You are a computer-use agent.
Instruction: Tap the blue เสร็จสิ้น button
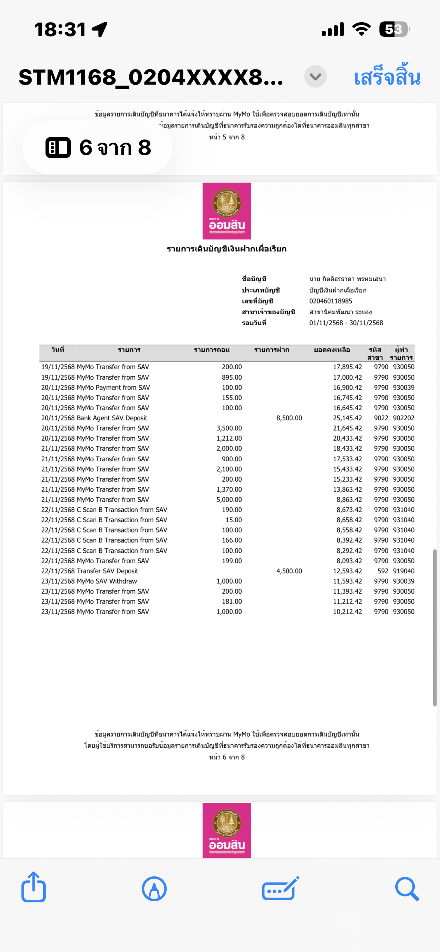387,77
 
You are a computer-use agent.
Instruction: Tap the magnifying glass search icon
407,889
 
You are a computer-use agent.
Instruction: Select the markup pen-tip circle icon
154,889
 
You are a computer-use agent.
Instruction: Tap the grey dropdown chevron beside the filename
315,77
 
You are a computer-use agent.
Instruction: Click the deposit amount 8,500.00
289,418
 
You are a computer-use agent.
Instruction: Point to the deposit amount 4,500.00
289,571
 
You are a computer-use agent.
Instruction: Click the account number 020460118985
331,301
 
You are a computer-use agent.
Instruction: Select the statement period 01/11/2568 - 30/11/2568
346,323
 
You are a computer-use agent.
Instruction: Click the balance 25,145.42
347,418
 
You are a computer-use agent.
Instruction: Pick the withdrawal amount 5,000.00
229,500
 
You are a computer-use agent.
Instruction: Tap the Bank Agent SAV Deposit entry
112,418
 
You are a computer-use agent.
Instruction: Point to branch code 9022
381,418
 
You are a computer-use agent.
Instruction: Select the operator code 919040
404,571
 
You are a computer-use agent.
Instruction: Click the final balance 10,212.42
347,612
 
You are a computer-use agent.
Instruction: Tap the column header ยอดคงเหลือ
332,350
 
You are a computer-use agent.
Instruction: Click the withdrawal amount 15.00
234,520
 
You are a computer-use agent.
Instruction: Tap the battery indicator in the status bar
393,29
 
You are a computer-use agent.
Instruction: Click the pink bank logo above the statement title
227,211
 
